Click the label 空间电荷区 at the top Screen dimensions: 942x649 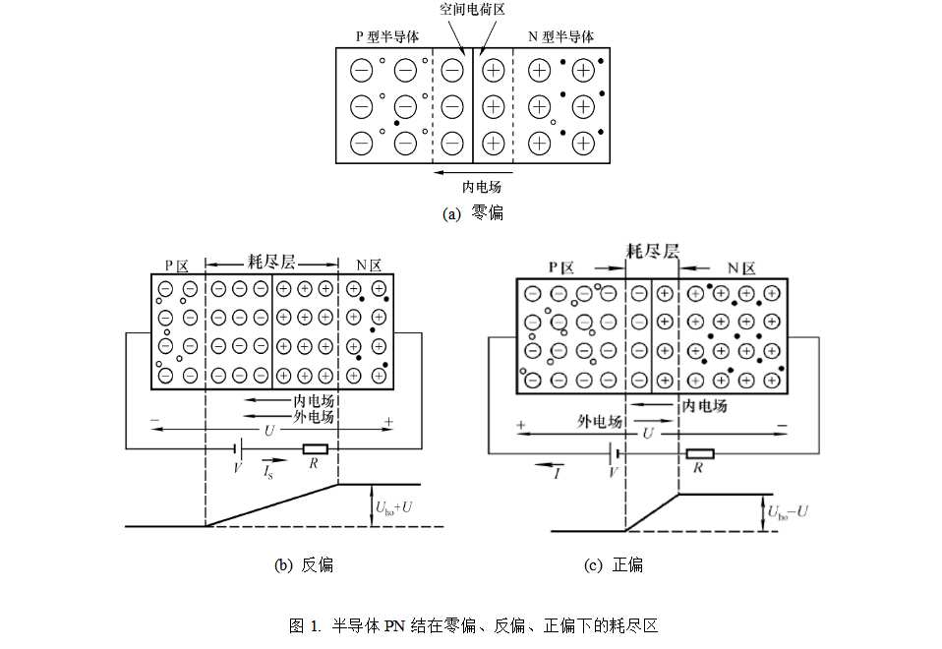(x=472, y=9)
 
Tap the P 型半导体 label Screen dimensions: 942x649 (x=386, y=36)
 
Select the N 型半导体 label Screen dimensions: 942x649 (x=561, y=36)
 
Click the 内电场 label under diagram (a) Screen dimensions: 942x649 (x=481, y=187)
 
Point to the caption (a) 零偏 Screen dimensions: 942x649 (x=473, y=213)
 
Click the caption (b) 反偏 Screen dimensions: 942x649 (x=304, y=564)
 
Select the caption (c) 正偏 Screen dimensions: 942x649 (x=614, y=564)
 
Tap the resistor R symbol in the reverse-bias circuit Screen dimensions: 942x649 (x=316, y=448)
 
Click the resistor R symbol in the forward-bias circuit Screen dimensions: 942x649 (x=700, y=453)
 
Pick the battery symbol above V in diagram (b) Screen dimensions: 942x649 (x=238, y=448)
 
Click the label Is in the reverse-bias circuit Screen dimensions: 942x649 (x=267, y=472)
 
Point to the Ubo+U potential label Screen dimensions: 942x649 (x=393, y=507)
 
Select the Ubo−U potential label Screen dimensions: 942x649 (x=788, y=512)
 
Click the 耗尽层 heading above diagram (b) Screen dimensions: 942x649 (x=271, y=262)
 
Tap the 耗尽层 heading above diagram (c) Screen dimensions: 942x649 (x=653, y=251)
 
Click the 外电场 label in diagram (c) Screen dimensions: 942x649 (x=600, y=421)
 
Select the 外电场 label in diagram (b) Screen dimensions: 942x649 (x=313, y=417)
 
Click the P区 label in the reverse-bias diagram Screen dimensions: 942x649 (x=177, y=266)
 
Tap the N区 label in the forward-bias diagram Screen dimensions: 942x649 (x=741, y=268)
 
